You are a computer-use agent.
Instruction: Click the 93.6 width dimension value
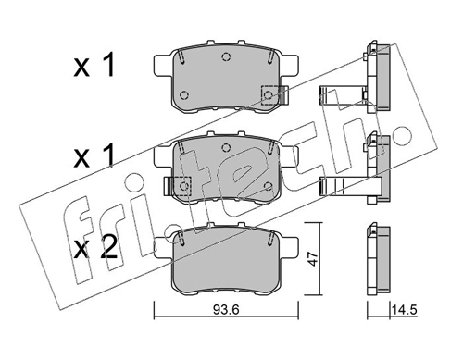tap(226, 310)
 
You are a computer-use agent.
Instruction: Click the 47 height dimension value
tap(314, 258)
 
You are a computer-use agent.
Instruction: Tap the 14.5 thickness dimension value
tap(405, 309)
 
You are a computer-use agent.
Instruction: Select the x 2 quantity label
tap(95, 247)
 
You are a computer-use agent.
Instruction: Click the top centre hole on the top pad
tap(226, 56)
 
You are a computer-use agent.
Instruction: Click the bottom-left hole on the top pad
tap(184, 94)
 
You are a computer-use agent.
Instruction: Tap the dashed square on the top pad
tap(269, 94)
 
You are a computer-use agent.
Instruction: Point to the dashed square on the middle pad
tap(183, 186)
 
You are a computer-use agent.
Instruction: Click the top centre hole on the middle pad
tap(226, 148)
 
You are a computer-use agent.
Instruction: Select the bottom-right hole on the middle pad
tap(269, 186)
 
